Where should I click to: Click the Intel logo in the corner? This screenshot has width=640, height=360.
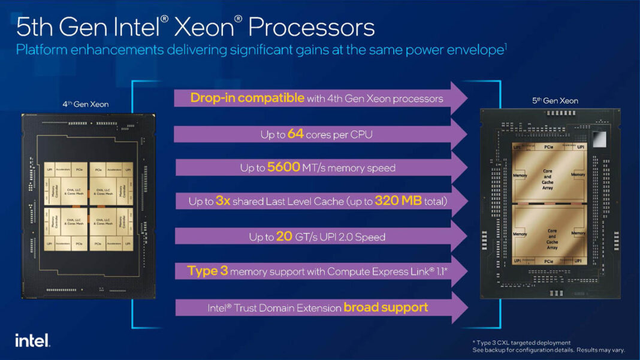click(x=32, y=340)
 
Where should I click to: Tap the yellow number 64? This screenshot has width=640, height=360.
click(x=295, y=134)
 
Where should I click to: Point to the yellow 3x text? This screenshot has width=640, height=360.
click(x=223, y=202)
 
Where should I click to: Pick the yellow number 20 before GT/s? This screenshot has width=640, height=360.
click(x=284, y=237)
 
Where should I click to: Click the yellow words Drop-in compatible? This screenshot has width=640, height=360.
click(x=247, y=98)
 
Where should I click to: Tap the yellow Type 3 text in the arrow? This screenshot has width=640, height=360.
click(x=207, y=271)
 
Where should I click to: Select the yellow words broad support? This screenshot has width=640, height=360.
click(x=385, y=308)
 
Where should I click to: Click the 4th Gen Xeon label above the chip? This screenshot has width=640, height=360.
click(x=86, y=104)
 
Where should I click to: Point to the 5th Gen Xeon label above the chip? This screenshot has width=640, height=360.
click(x=555, y=101)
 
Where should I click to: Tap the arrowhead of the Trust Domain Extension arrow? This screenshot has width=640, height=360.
click(x=458, y=308)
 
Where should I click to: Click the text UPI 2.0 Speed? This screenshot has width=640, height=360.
click(x=351, y=237)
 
